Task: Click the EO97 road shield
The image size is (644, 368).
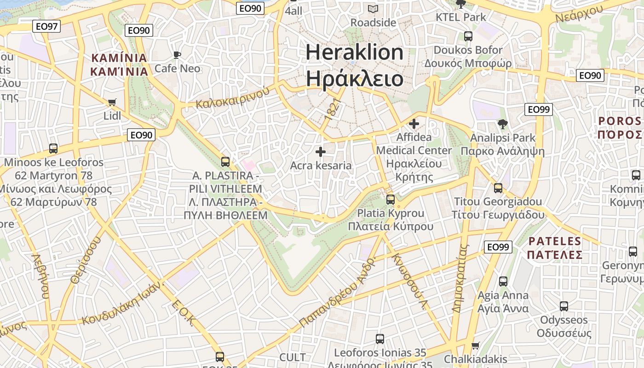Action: (x=47, y=26)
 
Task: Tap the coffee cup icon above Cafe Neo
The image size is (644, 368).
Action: (x=177, y=56)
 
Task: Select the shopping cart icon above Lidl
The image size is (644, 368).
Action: (x=112, y=102)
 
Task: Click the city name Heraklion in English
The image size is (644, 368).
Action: (x=354, y=52)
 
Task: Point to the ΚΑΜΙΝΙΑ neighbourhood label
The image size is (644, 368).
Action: (x=119, y=58)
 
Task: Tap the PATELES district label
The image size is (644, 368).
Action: (x=555, y=241)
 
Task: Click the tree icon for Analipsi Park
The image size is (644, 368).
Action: (x=502, y=124)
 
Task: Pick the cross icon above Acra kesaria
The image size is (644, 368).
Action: (x=321, y=152)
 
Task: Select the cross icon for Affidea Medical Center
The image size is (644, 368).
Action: (x=414, y=124)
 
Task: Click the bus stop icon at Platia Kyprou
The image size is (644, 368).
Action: (x=391, y=200)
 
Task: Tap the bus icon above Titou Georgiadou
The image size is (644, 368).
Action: (x=498, y=188)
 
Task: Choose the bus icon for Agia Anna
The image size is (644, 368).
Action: (x=503, y=281)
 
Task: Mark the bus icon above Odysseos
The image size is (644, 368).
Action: (x=564, y=306)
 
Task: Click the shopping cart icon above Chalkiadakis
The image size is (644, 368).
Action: (x=476, y=345)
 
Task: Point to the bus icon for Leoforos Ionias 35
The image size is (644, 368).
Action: (x=380, y=339)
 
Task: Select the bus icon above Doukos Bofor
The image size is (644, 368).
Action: (x=468, y=36)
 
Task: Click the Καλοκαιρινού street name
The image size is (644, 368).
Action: (x=232, y=98)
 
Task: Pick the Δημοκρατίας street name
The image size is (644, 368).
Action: (x=460, y=279)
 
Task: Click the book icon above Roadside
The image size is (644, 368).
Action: (x=373, y=9)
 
